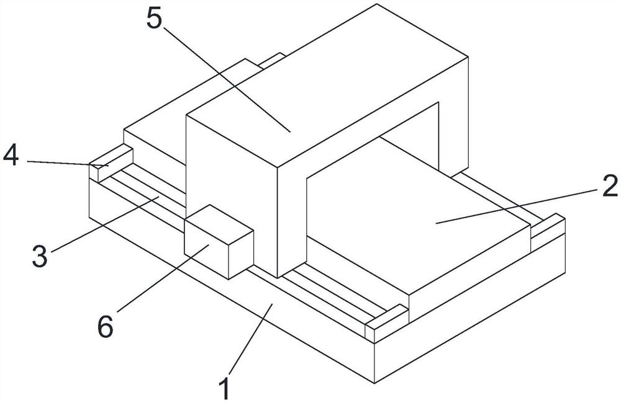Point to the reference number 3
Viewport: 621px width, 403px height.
[40, 255]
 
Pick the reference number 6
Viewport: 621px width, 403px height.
[106, 326]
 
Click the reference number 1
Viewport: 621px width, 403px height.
[225, 387]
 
